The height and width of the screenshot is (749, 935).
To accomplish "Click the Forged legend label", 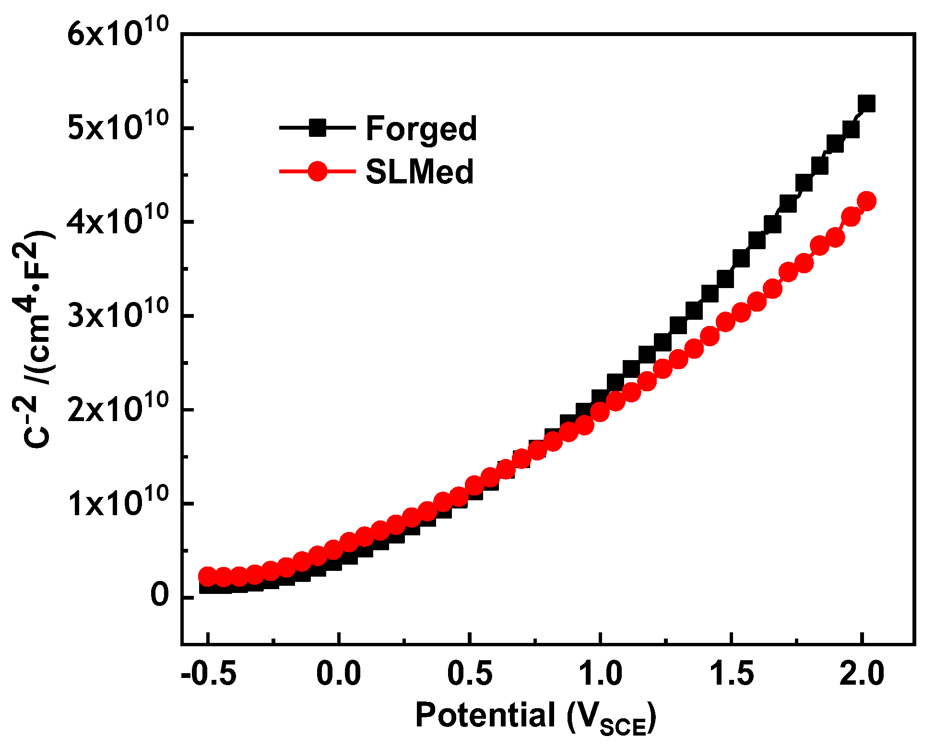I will tap(421, 129).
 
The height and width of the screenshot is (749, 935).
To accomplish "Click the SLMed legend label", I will tap(419, 172).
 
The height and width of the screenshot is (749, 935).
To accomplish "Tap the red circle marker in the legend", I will tap(317, 171).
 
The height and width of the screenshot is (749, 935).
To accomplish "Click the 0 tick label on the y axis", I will tap(160, 596).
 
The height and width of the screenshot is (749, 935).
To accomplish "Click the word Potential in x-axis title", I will tap(485, 715).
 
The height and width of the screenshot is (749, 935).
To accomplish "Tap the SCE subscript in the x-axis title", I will tap(623, 728).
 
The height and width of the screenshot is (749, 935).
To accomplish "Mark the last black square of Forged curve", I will tap(867, 104).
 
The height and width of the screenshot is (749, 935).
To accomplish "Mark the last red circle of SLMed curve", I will tap(866, 201).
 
